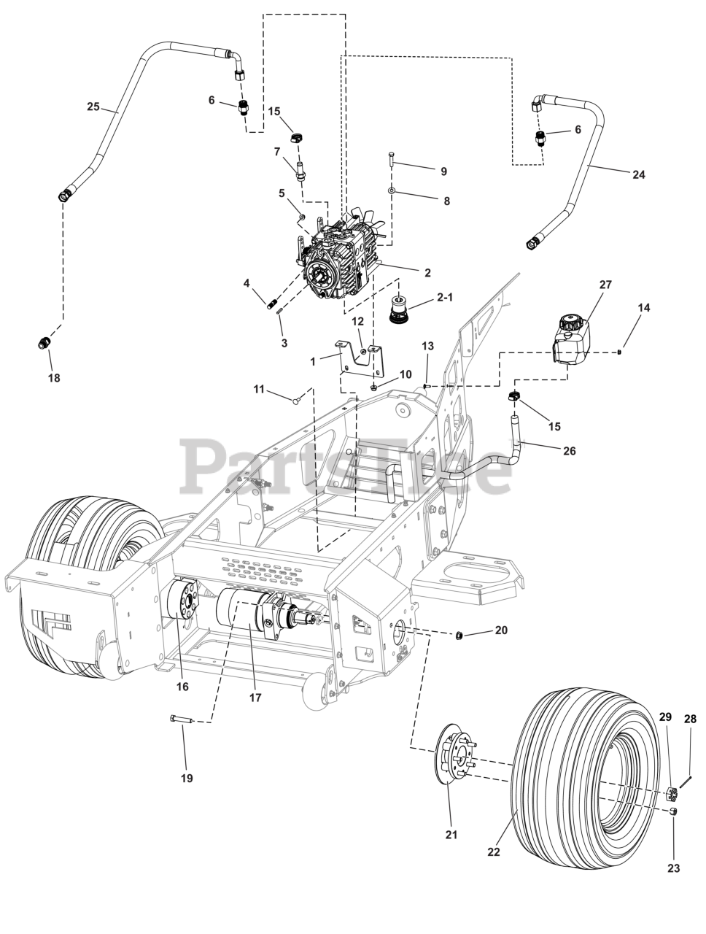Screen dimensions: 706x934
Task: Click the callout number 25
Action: pos(93,106)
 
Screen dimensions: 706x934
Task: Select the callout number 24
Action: pos(638,174)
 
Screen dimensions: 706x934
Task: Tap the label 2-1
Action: pos(444,298)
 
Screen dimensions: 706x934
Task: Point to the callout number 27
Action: pos(605,285)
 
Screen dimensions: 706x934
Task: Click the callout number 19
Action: pos(187,779)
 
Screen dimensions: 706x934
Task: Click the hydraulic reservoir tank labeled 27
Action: pos(570,339)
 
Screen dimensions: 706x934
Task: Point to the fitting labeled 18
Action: pos(43,344)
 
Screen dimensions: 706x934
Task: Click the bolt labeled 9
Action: pos(391,160)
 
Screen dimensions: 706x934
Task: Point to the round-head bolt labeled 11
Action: pos(297,400)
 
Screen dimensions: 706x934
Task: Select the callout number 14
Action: pos(644,308)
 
